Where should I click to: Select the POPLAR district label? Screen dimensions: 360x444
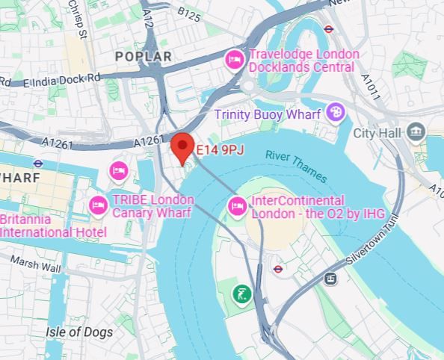click(143, 57)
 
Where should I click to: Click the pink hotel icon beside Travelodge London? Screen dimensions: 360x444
click(235, 59)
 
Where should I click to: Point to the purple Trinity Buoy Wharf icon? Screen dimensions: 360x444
click(334, 114)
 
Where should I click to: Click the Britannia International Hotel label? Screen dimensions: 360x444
click(52, 226)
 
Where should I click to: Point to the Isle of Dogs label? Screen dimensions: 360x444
click(79, 332)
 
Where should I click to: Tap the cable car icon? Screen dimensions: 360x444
click(330, 278)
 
